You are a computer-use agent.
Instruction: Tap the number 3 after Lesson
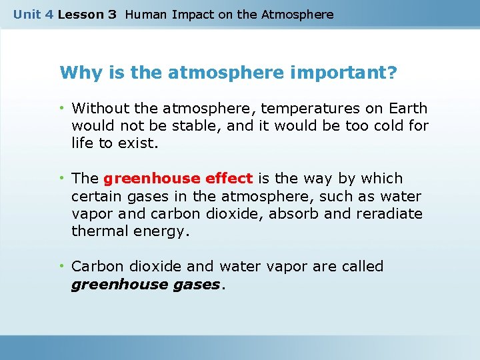click(x=111, y=14)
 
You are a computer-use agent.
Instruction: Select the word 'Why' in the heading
click(x=76, y=72)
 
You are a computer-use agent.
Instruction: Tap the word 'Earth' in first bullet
click(x=407, y=108)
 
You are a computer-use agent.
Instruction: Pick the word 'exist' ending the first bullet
click(x=137, y=143)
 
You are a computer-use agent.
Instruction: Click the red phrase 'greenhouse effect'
click(x=178, y=179)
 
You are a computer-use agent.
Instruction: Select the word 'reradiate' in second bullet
click(x=389, y=213)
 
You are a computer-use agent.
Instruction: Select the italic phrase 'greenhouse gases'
click(x=145, y=285)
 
